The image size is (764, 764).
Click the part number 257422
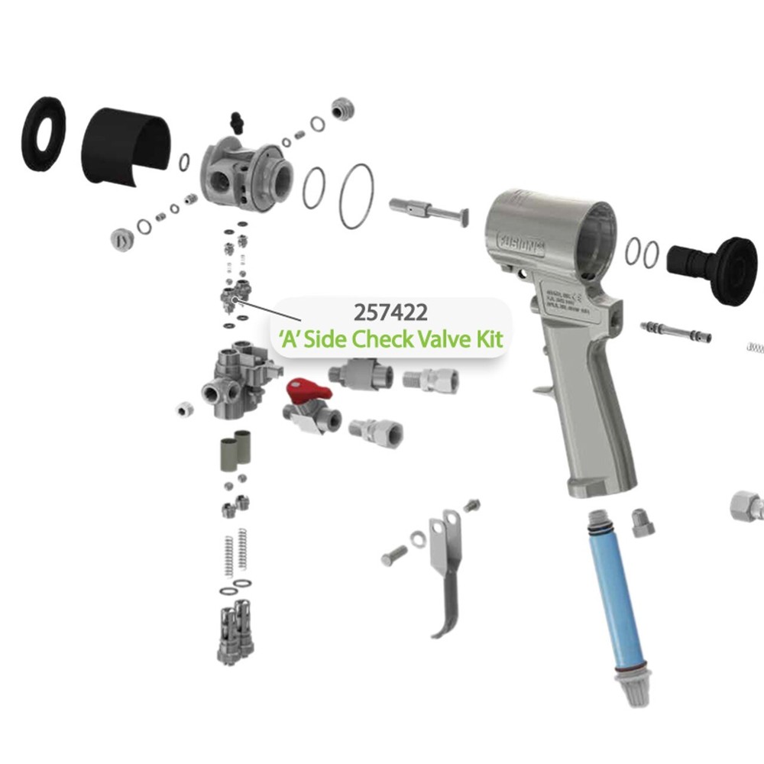coord(390,313)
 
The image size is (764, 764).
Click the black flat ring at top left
coord(42,133)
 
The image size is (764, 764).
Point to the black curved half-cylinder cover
coord(126,149)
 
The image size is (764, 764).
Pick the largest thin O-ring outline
coord(357,196)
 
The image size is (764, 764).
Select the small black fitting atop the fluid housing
coord(235,121)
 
